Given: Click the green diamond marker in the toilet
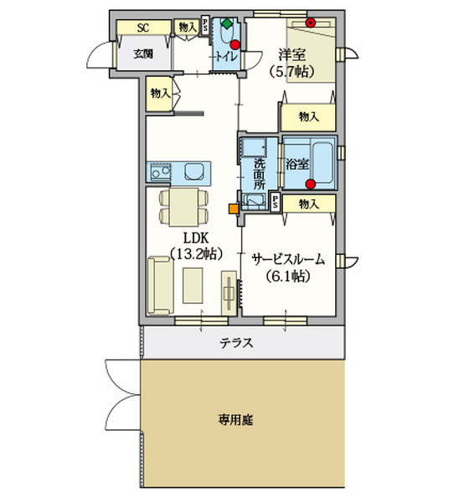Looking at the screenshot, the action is [x=227, y=24].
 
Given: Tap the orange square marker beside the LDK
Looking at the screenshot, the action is [x=234, y=208].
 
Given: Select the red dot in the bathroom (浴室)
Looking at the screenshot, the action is [x=310, y=184].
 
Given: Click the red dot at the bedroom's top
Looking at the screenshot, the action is [x=310, y=23].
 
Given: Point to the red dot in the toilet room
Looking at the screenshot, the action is [x=235, y=44].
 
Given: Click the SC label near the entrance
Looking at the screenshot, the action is [x=143, y=28].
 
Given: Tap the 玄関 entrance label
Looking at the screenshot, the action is [x=143, y=54].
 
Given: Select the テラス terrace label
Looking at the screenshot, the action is [x=236, y=343].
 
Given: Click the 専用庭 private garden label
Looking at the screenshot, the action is [x=236, y=420].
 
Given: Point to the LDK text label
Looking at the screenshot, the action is [x=196, y=238].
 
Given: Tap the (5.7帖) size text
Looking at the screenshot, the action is [x=291, y=71].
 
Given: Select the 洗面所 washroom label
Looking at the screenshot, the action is [x=260, y=174].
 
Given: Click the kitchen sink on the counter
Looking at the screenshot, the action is [x=160, y=173].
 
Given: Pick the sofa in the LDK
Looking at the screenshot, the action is [x=160, y=285].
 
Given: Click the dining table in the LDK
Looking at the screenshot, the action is [x=184, y=207].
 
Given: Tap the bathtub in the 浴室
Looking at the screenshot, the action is [x=322, y=162].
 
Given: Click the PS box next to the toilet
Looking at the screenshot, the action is [x=205, y=25].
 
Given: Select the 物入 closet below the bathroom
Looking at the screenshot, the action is [x=309, y=204].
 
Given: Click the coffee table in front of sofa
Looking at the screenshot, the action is [x=193, y=285].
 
